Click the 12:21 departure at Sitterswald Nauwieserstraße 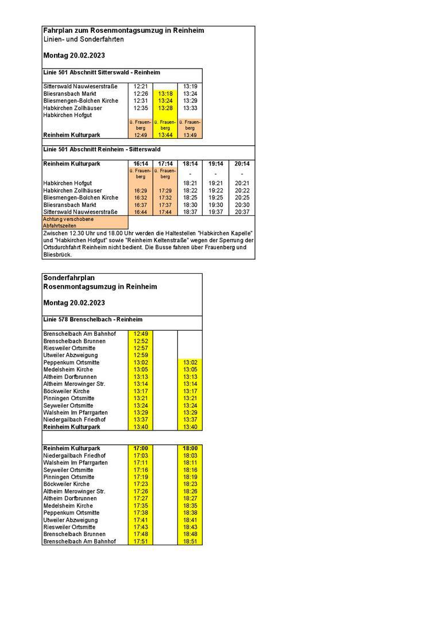[x=141, y=87]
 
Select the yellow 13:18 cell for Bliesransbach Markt [x=165, y=94]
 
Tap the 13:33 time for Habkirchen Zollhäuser [x=190, y=108]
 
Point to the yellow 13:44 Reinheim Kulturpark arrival [x=165, y=135]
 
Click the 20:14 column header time [x=242, y=164]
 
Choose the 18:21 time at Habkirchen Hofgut [x=190, y=184]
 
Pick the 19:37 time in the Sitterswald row [x=216, y=212]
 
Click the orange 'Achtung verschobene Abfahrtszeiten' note [x=84, y=223]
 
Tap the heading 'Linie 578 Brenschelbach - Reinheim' [x=93, y=319]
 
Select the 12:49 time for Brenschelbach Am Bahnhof [x=141, y=334]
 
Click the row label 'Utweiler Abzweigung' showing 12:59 [x=71, y=355]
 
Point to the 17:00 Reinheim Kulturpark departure [x=141, y=448]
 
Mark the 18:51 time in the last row [x=190, y=541]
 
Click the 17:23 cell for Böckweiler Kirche [x=141, y=484]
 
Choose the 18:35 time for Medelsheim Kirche [x=190, y=506]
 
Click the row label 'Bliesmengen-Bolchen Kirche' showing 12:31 [x=81, y=101]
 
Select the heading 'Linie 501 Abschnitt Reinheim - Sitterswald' [x=102, y=149]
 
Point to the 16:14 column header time [x=141, y=164]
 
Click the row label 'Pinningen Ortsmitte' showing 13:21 [x=69, y=398]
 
